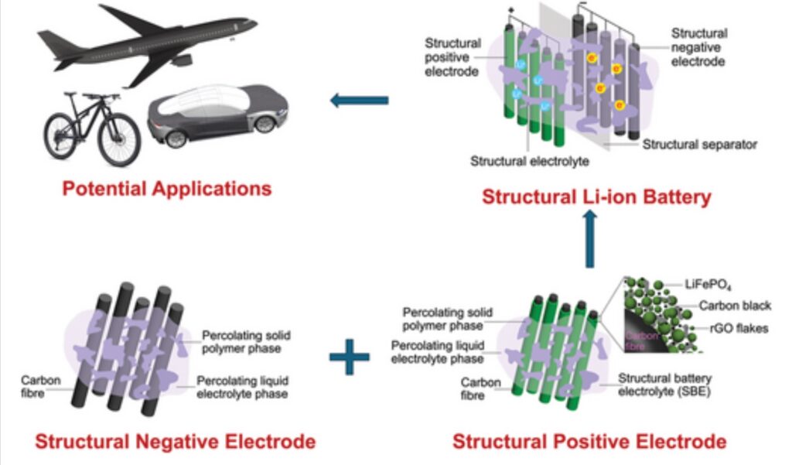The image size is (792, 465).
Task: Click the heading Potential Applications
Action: [x=167, y=188]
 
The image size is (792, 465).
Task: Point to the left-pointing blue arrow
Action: [x=359, y=100]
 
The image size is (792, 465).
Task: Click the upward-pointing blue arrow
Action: [x=590, y=241]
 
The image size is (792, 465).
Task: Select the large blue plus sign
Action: [x=349, y=357]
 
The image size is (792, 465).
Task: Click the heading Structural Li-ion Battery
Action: [x=596, y=197]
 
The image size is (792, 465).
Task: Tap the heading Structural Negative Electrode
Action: [x=175, y=442]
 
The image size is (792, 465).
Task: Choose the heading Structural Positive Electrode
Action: [x=589, y=442]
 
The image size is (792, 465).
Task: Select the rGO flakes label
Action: [x=739, y=329]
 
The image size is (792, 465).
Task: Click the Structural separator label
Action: [x=699, y=144]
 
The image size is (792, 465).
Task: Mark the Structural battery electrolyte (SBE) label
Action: [x=664, y=384]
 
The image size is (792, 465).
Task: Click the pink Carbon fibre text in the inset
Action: [x=640, y=340]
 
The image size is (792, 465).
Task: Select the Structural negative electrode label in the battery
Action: [x=698, y=46]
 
